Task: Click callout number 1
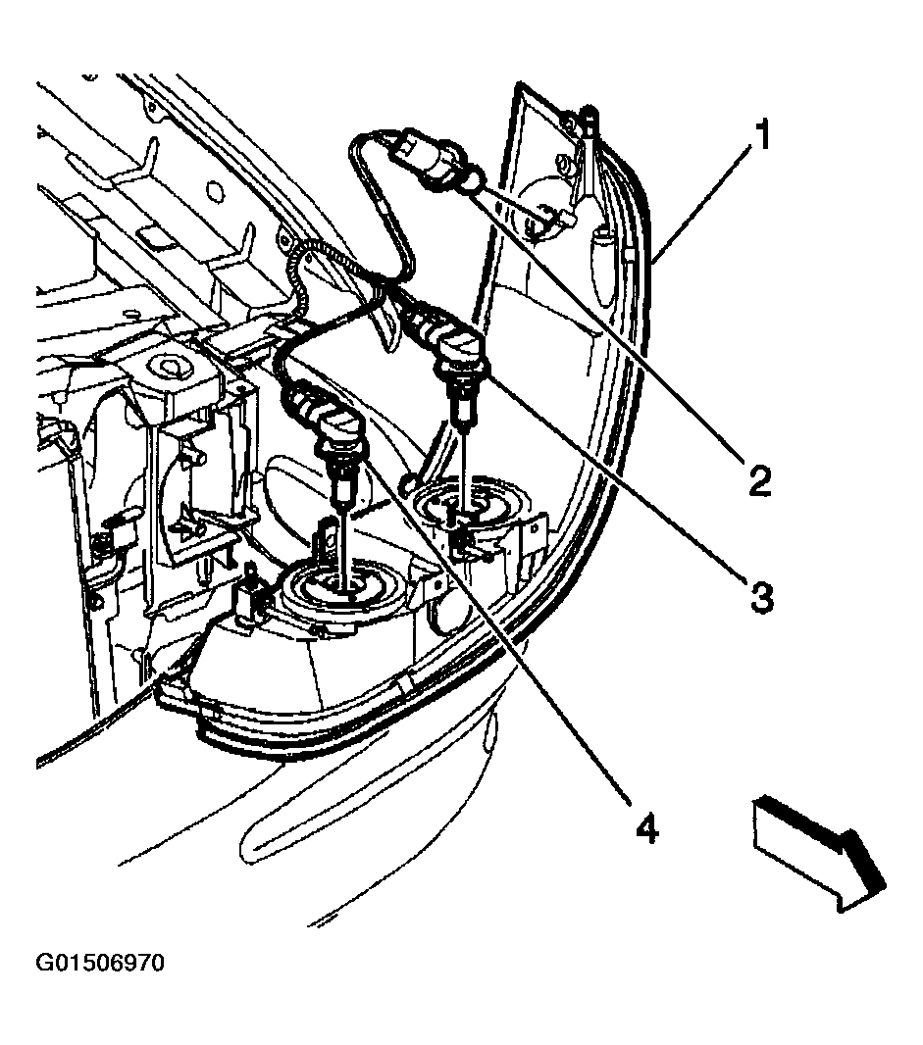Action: (761, 134)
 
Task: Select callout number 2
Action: (759, 480)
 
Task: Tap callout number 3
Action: (761, 596)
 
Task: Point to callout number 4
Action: (646, 829)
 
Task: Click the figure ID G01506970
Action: (100, 963)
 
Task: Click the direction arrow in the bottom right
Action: (819, 853)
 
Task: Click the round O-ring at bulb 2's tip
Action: (476, 179)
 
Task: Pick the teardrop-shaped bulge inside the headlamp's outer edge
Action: (603, 267)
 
